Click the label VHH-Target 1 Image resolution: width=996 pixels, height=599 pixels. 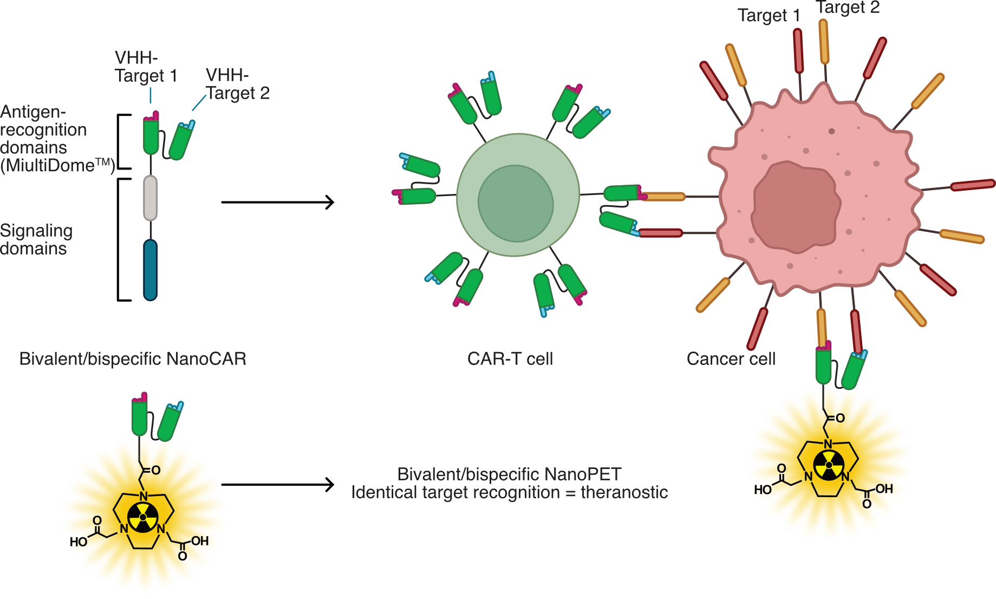145,67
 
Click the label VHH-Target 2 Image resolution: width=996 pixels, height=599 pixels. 237,84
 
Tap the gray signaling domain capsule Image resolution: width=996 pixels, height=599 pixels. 150,198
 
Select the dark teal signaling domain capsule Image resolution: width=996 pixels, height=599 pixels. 150,270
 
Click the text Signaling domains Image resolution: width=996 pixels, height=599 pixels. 36,239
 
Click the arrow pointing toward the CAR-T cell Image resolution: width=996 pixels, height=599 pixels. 277,202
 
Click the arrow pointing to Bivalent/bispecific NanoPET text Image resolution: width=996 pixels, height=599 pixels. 277,484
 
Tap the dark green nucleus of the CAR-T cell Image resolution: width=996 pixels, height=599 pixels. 515,204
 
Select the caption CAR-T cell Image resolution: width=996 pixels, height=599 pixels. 510,359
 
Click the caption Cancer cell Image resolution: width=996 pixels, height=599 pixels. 731,359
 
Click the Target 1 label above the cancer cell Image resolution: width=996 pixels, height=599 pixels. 769,16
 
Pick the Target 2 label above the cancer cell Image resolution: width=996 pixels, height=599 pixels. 848,8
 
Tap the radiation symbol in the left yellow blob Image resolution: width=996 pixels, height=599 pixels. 143,517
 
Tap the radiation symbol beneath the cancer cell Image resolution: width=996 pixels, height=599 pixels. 829,465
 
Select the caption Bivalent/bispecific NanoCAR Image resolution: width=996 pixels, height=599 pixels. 133,359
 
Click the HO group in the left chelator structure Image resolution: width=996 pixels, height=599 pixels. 79,542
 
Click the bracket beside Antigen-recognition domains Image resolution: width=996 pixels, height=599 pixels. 120,142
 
